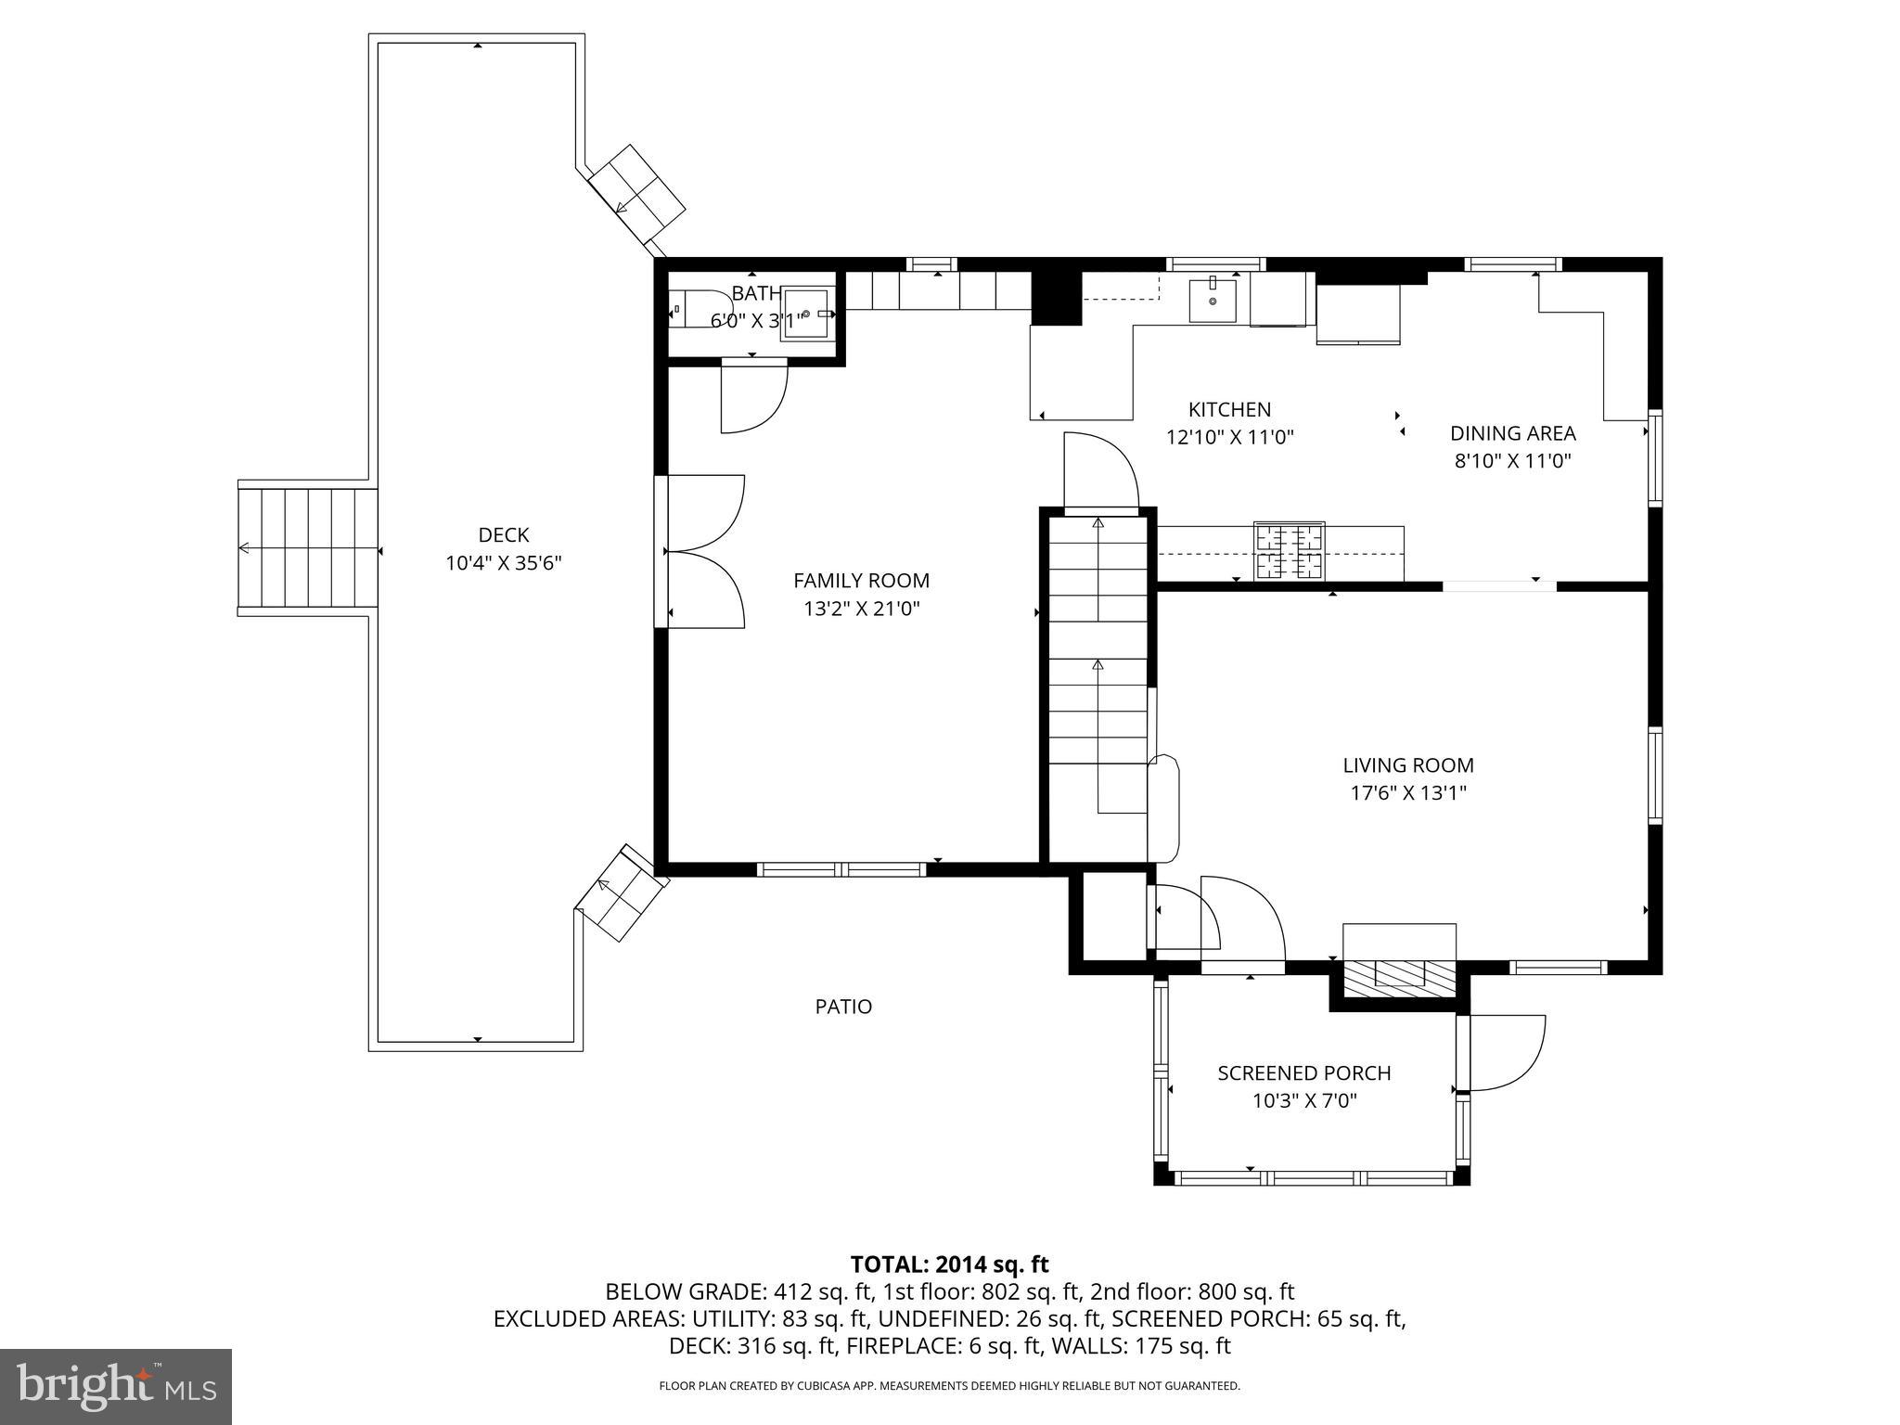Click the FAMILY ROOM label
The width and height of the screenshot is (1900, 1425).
click(x=861, y=581)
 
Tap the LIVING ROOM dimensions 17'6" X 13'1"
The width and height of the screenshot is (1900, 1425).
click(x=1407, y=793)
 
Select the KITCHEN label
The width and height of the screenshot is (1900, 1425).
click(x=1229, y=409)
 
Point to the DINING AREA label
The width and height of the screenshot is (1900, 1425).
click(x=1512, y=433)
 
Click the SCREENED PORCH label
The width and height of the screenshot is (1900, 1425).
click(x=1303, y=1073)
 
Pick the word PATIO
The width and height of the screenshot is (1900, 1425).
click(x=843, y=1007)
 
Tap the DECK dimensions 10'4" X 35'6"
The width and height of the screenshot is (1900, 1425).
click(x=504, y=563)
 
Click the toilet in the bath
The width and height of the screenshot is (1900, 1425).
click(x=699, y=309)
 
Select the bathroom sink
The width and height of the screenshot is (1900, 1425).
click(x=806, y=315)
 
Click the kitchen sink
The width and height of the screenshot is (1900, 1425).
click(x=1213, y=300)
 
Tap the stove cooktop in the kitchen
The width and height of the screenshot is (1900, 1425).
click(x=1289, y=552)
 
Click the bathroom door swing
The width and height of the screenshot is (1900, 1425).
click(x=753, y=399)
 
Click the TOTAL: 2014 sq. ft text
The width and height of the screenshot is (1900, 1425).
click(x=949, y=1265)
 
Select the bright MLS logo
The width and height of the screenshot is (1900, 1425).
click(x=116, y=1387)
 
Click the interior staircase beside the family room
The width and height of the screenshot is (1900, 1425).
click(x=1098, y=687)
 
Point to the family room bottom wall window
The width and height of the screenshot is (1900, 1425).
click(x=841, y=869)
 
